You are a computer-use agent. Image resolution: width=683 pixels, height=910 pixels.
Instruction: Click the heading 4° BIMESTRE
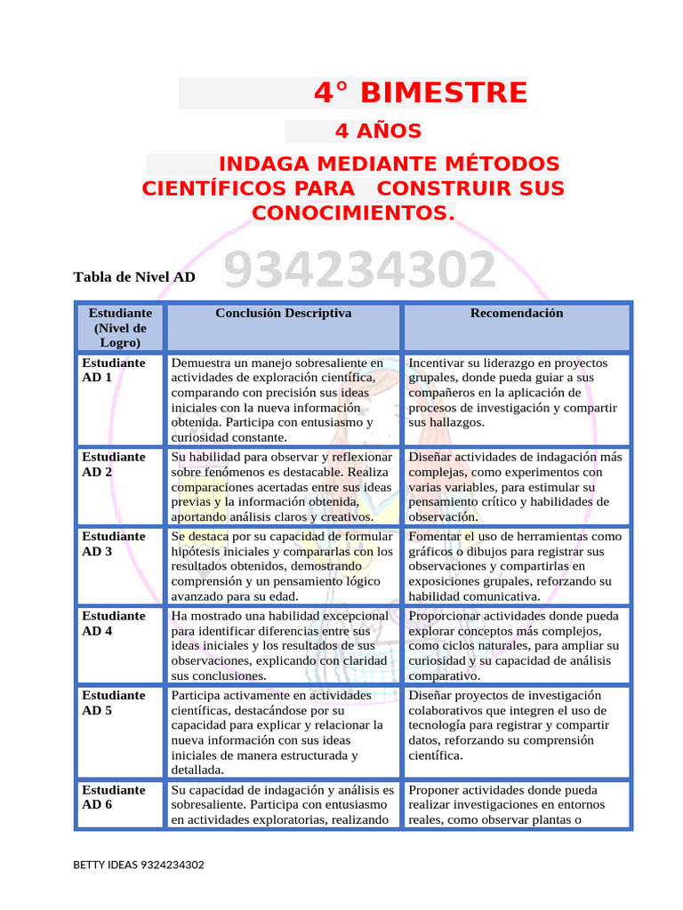pyautogui.click(x=421, y=92)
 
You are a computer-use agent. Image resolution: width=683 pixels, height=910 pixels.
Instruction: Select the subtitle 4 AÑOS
pyautogui.click(x=378, y=132)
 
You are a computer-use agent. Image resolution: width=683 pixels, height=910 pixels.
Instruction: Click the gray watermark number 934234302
pyautogui.click(x=360, y=270)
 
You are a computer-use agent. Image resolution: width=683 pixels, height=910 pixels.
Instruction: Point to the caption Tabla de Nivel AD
pyautogui.click(x=134, y=277)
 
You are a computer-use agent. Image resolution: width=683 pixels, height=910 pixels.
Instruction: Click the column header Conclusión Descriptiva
pyautogui.click(x=284, y=314)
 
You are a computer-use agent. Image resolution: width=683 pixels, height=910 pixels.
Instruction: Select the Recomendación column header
pyautogui.click(x=516, y=314)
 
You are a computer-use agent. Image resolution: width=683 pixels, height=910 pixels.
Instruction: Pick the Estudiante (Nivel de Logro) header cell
pyautogui.click(x=120, y=327)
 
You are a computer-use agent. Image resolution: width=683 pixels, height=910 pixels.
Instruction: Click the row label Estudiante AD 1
pyautogui.click(x=113, y=370)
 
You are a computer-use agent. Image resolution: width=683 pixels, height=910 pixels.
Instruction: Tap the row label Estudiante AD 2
pyautogui.click(x=113, y=464)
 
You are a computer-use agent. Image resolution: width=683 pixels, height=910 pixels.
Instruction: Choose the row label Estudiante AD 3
pyautogui.click(x=113, y=544)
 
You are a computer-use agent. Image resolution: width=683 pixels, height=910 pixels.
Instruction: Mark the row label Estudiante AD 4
pyautogui.click(x=113, y=623)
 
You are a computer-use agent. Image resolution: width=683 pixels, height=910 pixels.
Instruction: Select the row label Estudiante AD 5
pyautogui.click(x=113, y=703)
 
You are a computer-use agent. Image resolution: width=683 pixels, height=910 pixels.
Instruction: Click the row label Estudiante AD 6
pyautogui.click(x=113, y=797)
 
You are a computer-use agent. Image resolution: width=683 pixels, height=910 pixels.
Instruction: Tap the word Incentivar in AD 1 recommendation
pyautogui.click(x=437, y=363)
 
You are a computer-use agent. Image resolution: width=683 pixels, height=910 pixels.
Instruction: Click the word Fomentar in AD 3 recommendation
pyautogui.click(x=435, y=537)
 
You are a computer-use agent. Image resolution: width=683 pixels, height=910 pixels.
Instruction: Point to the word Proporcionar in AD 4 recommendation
pyautogui.click(x=445, y=616)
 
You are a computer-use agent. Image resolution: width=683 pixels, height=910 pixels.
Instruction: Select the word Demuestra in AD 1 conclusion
pyautogui.click(x=201, y=363)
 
